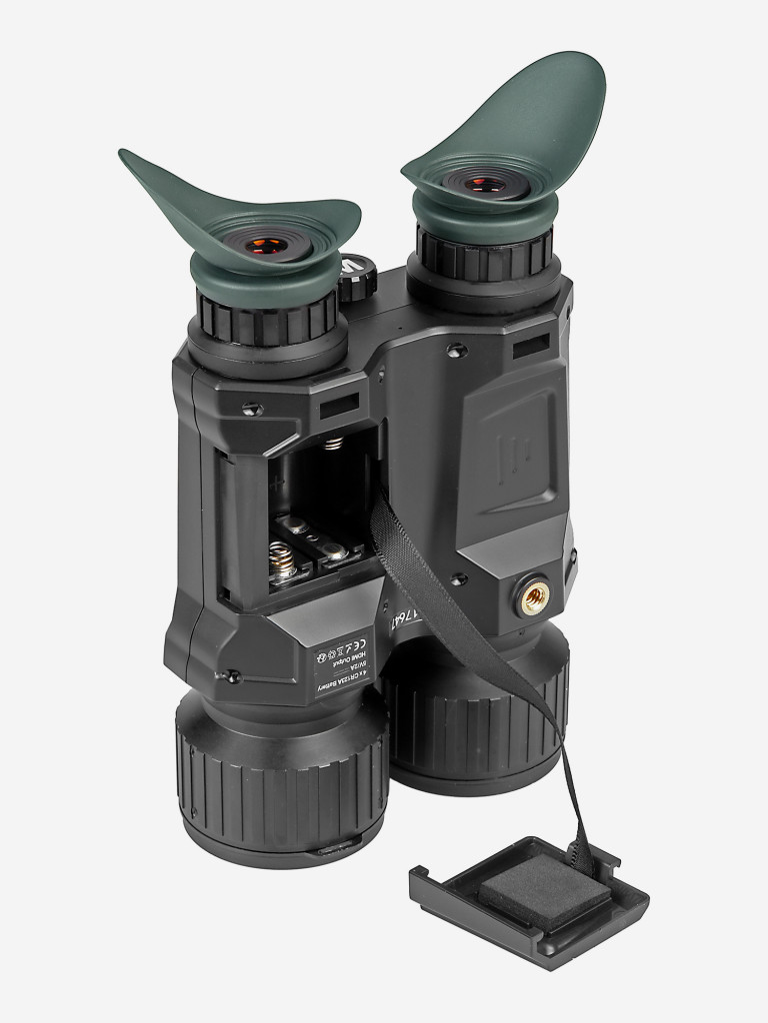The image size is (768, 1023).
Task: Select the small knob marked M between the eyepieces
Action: (357, 281)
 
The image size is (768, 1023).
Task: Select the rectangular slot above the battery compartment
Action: (340, 407)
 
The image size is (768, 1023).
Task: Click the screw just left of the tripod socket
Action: (458, 579)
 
